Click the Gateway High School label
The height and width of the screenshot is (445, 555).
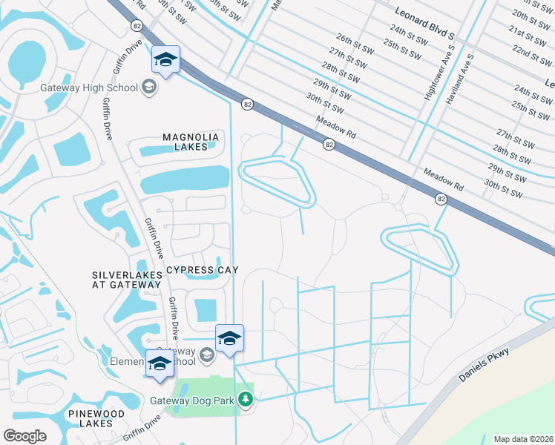coord(107,88)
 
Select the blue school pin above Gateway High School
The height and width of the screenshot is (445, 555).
coord(165,60)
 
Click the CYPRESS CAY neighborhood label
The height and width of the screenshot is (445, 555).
coord(202,270)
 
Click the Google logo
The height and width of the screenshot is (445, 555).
coord(25,435)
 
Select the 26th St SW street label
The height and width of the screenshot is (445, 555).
coord(352,39)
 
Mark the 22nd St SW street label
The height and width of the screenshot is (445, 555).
coord(531,53)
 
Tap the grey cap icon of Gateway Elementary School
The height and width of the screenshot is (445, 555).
coord(207,356)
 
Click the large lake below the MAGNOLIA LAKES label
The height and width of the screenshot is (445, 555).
coord(184,179)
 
